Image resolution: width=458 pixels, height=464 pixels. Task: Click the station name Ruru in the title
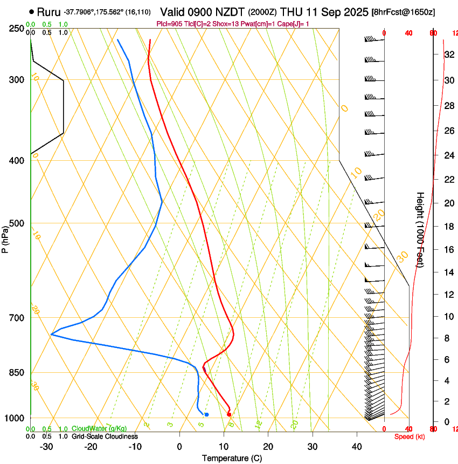click(48, 11)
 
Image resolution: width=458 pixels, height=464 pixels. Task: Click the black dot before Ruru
click(32, 11)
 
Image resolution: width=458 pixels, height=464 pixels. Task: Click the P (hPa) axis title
click(5, 238)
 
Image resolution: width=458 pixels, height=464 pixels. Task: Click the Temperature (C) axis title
click(232, 458)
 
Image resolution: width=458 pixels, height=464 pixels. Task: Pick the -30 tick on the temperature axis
click(46, 446)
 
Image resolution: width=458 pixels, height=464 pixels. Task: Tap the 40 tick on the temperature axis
click(357, 446)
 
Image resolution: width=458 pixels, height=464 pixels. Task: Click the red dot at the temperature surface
click(229, 414)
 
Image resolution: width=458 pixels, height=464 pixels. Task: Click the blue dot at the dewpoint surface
click(206, 414)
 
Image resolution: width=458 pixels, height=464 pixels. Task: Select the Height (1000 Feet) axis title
click(420, 229)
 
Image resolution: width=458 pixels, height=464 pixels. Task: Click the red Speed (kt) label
click(410, 436)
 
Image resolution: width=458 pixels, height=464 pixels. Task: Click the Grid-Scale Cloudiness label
click(105, 436)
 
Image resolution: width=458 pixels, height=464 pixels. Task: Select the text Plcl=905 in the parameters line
click(169, 24)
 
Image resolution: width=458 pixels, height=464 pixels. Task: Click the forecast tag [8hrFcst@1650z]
click(404, 12)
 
